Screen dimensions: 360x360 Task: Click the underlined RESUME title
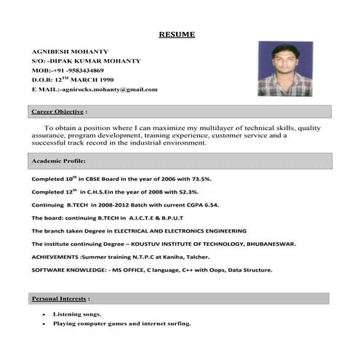click(x=177, y=34)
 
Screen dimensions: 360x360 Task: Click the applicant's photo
click(x=285, y=69)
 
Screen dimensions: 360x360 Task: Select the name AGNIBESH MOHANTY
click(x=70, y=52)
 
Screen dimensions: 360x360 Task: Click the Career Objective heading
click(x=59, y=112)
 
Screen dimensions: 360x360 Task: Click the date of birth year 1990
click(x=103, y=80)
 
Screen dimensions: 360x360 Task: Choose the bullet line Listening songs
click(x=77, y=314)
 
